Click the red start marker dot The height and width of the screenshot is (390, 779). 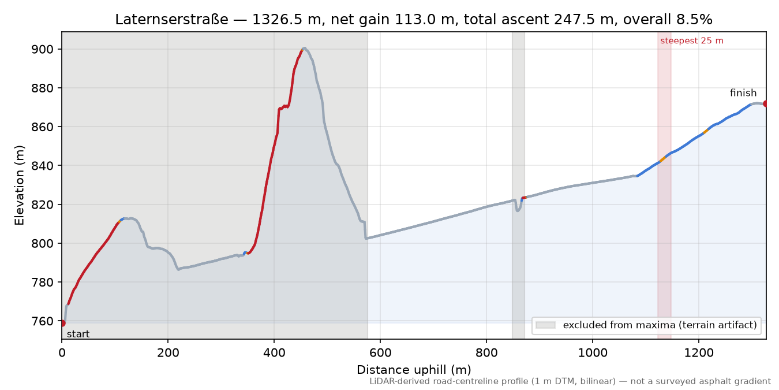tap(62, 323)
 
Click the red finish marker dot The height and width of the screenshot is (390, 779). tap(766, 104)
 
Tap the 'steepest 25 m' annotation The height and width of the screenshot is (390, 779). tap(692, 41)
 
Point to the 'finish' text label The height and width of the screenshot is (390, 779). tap(743, 93)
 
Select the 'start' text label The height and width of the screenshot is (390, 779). tap(78, 335)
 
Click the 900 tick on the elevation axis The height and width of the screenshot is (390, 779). tap(43, 50)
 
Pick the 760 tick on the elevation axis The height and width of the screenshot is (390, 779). tap(43, 321)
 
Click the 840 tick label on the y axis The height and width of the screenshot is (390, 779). tap(43, 166)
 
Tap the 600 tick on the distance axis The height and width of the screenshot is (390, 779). tap(380, 353)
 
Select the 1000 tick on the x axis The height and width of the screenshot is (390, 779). tap(592, 353)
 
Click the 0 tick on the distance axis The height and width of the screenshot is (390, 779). tap(62, 353)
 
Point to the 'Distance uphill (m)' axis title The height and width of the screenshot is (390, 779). tap(414, 370)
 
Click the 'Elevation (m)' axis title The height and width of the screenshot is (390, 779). tap(20, 185)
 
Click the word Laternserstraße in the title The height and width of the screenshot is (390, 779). tap(172, 20)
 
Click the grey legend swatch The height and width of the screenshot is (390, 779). tap(545, 325)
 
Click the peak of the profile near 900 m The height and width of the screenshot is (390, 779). tap(305, 48)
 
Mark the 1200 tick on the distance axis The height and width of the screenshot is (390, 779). tap(698, 353)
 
